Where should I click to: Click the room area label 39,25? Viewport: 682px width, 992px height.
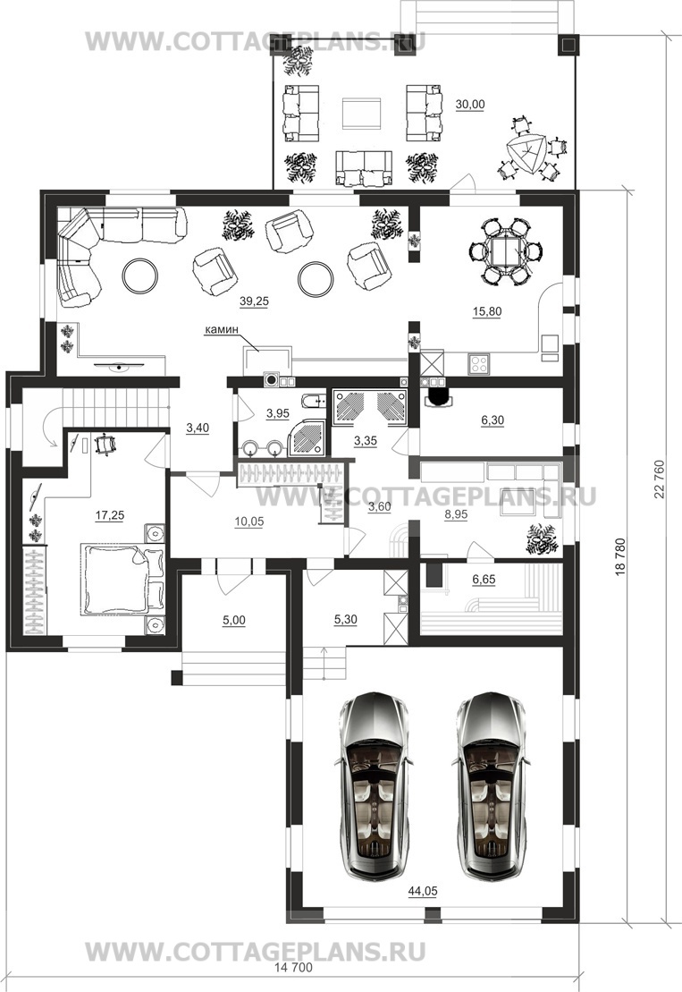(254, 301)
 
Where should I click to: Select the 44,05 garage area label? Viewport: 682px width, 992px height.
(423, 891)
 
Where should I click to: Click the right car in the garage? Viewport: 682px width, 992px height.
(493, 785)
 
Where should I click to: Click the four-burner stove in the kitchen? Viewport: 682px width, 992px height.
(478, 363)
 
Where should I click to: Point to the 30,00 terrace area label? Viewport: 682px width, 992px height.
(470, 105)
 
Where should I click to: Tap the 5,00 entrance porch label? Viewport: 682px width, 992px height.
(234, 621)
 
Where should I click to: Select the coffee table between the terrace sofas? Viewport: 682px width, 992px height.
(362, 114)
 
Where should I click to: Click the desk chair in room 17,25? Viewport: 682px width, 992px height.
(105, 445)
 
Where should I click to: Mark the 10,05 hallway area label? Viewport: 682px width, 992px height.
(249, 521)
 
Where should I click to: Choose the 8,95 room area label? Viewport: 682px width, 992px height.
(457, 514)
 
